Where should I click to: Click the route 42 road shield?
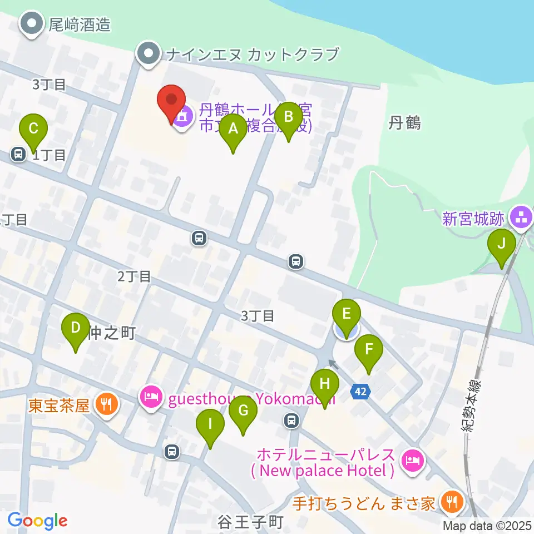click(360, 392)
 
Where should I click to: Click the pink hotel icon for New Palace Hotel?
click(411, 460)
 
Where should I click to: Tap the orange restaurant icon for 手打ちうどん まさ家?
click(448, 503)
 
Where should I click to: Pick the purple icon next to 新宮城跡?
click(521, 217)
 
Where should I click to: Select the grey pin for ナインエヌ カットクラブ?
click(149, 55)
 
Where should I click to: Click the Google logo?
click(37, 521)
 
